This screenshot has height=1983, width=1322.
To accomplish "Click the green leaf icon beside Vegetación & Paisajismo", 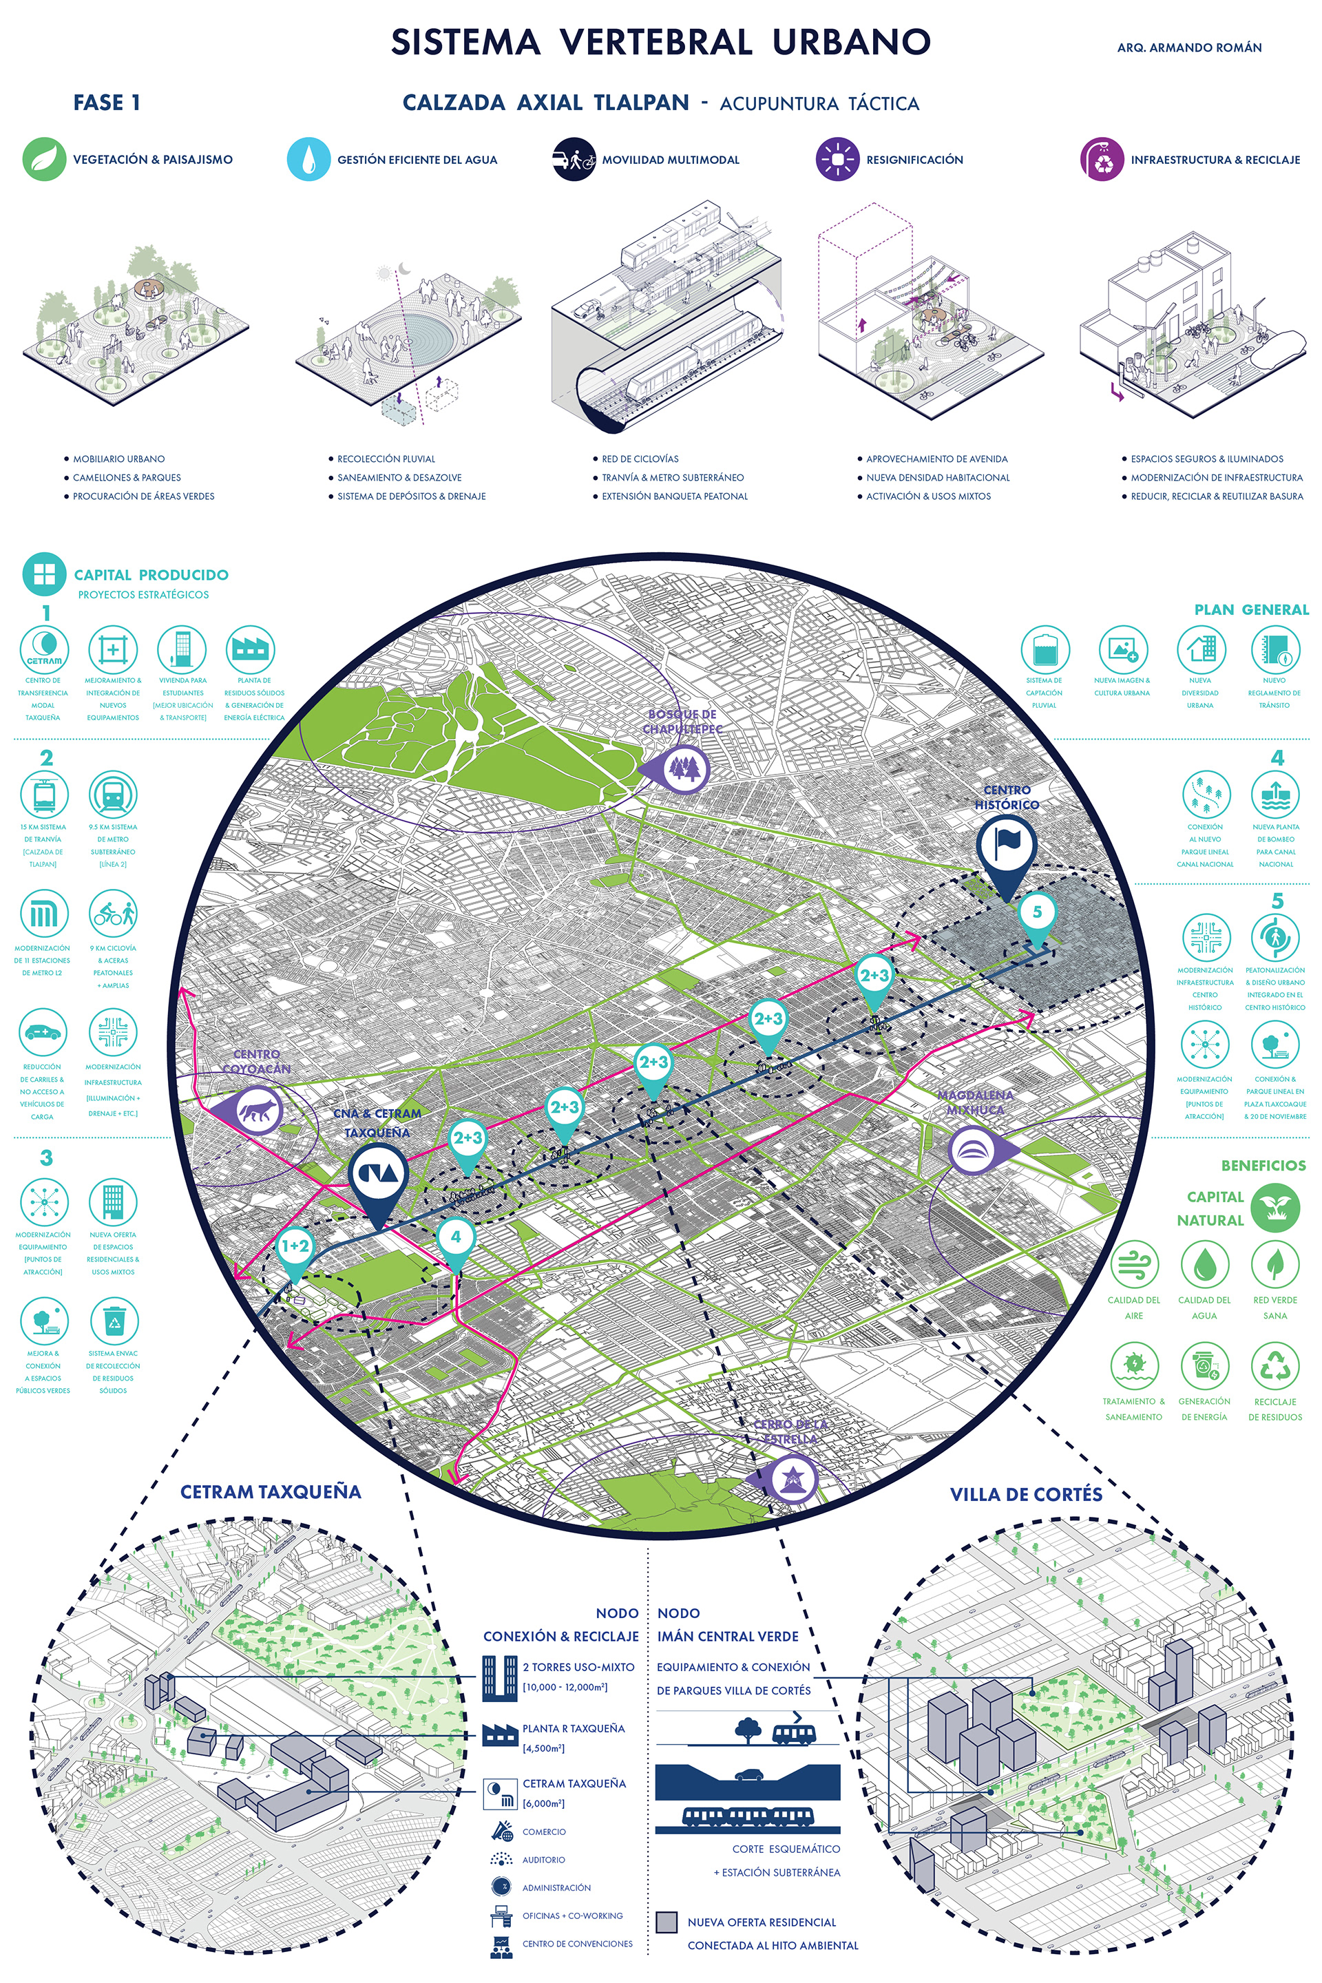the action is pyautogui.click(x=44, y=159).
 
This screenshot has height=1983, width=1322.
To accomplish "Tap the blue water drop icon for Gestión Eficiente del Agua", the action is pyautogui.click(x=308, y=159).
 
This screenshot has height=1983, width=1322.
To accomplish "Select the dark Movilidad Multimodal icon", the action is pyautogui.click(x=574, y=159).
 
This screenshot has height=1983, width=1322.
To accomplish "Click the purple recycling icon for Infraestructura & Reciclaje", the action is pyautogui.click(x=1102, y=159).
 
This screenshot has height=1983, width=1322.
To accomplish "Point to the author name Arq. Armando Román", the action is pyautogui.click(x=1189, y=48).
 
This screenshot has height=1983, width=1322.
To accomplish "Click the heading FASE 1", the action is pyautogui.click(x=107, y=103).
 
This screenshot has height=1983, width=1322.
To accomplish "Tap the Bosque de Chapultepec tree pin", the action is pyautogui.click(x=684, y=768).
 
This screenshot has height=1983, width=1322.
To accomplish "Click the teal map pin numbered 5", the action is pyautogui.click(x=1037, y=914).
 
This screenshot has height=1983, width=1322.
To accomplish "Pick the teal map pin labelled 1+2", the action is pyautogui.click(x=295, y=1248).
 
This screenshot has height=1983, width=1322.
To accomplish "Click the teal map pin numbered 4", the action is pyautogui.click(x=456, y=1239).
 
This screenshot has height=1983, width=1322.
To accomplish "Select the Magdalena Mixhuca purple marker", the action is pyautogui.click(x=974, y=1150).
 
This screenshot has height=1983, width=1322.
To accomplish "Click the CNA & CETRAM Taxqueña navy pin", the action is pyautogui.click(x=379, y=1175).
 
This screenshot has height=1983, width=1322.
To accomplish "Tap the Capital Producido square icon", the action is pyautogui.click(x=44, y=575).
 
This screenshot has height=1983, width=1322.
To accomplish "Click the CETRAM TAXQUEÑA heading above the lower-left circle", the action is pyautogui.click(x=271, y=1492).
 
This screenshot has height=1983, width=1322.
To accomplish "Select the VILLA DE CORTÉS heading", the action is pyautogui.click(x=1025, y=1495).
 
